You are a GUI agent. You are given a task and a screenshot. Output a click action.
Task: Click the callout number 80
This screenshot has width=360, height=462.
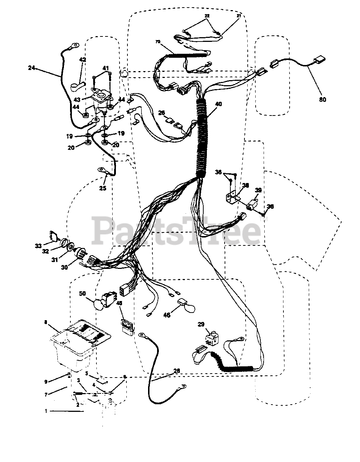[322, 99]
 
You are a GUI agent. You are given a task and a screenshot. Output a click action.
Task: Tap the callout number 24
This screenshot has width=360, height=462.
[32, 67]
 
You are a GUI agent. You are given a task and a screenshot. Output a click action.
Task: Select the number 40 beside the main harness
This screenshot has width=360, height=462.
[218, 104]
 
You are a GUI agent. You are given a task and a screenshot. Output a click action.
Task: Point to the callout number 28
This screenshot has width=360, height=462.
[177, 371]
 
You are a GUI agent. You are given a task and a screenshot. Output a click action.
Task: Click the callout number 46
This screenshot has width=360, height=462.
[166, 315]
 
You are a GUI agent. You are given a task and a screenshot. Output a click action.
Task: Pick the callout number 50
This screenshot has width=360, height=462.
[83, 294]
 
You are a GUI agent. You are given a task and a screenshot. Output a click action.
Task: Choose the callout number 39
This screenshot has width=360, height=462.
[258, 190]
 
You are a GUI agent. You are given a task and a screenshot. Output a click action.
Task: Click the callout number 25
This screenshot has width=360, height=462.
[103, 188]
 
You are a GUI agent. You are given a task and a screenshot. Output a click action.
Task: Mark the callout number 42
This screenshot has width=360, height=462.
[83, 60]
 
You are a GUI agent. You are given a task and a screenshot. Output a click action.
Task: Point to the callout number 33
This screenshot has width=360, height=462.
[38, 246]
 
